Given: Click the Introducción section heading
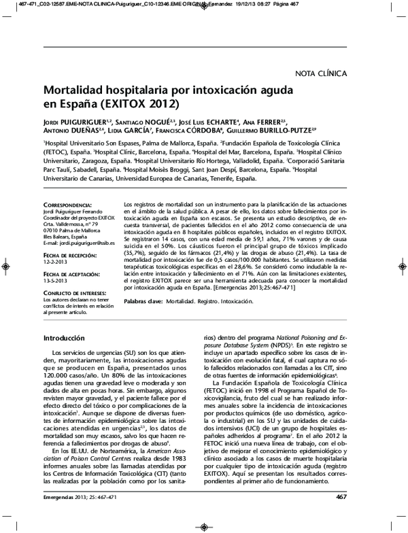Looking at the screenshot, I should (64, 338).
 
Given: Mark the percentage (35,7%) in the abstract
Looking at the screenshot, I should (136, 238).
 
